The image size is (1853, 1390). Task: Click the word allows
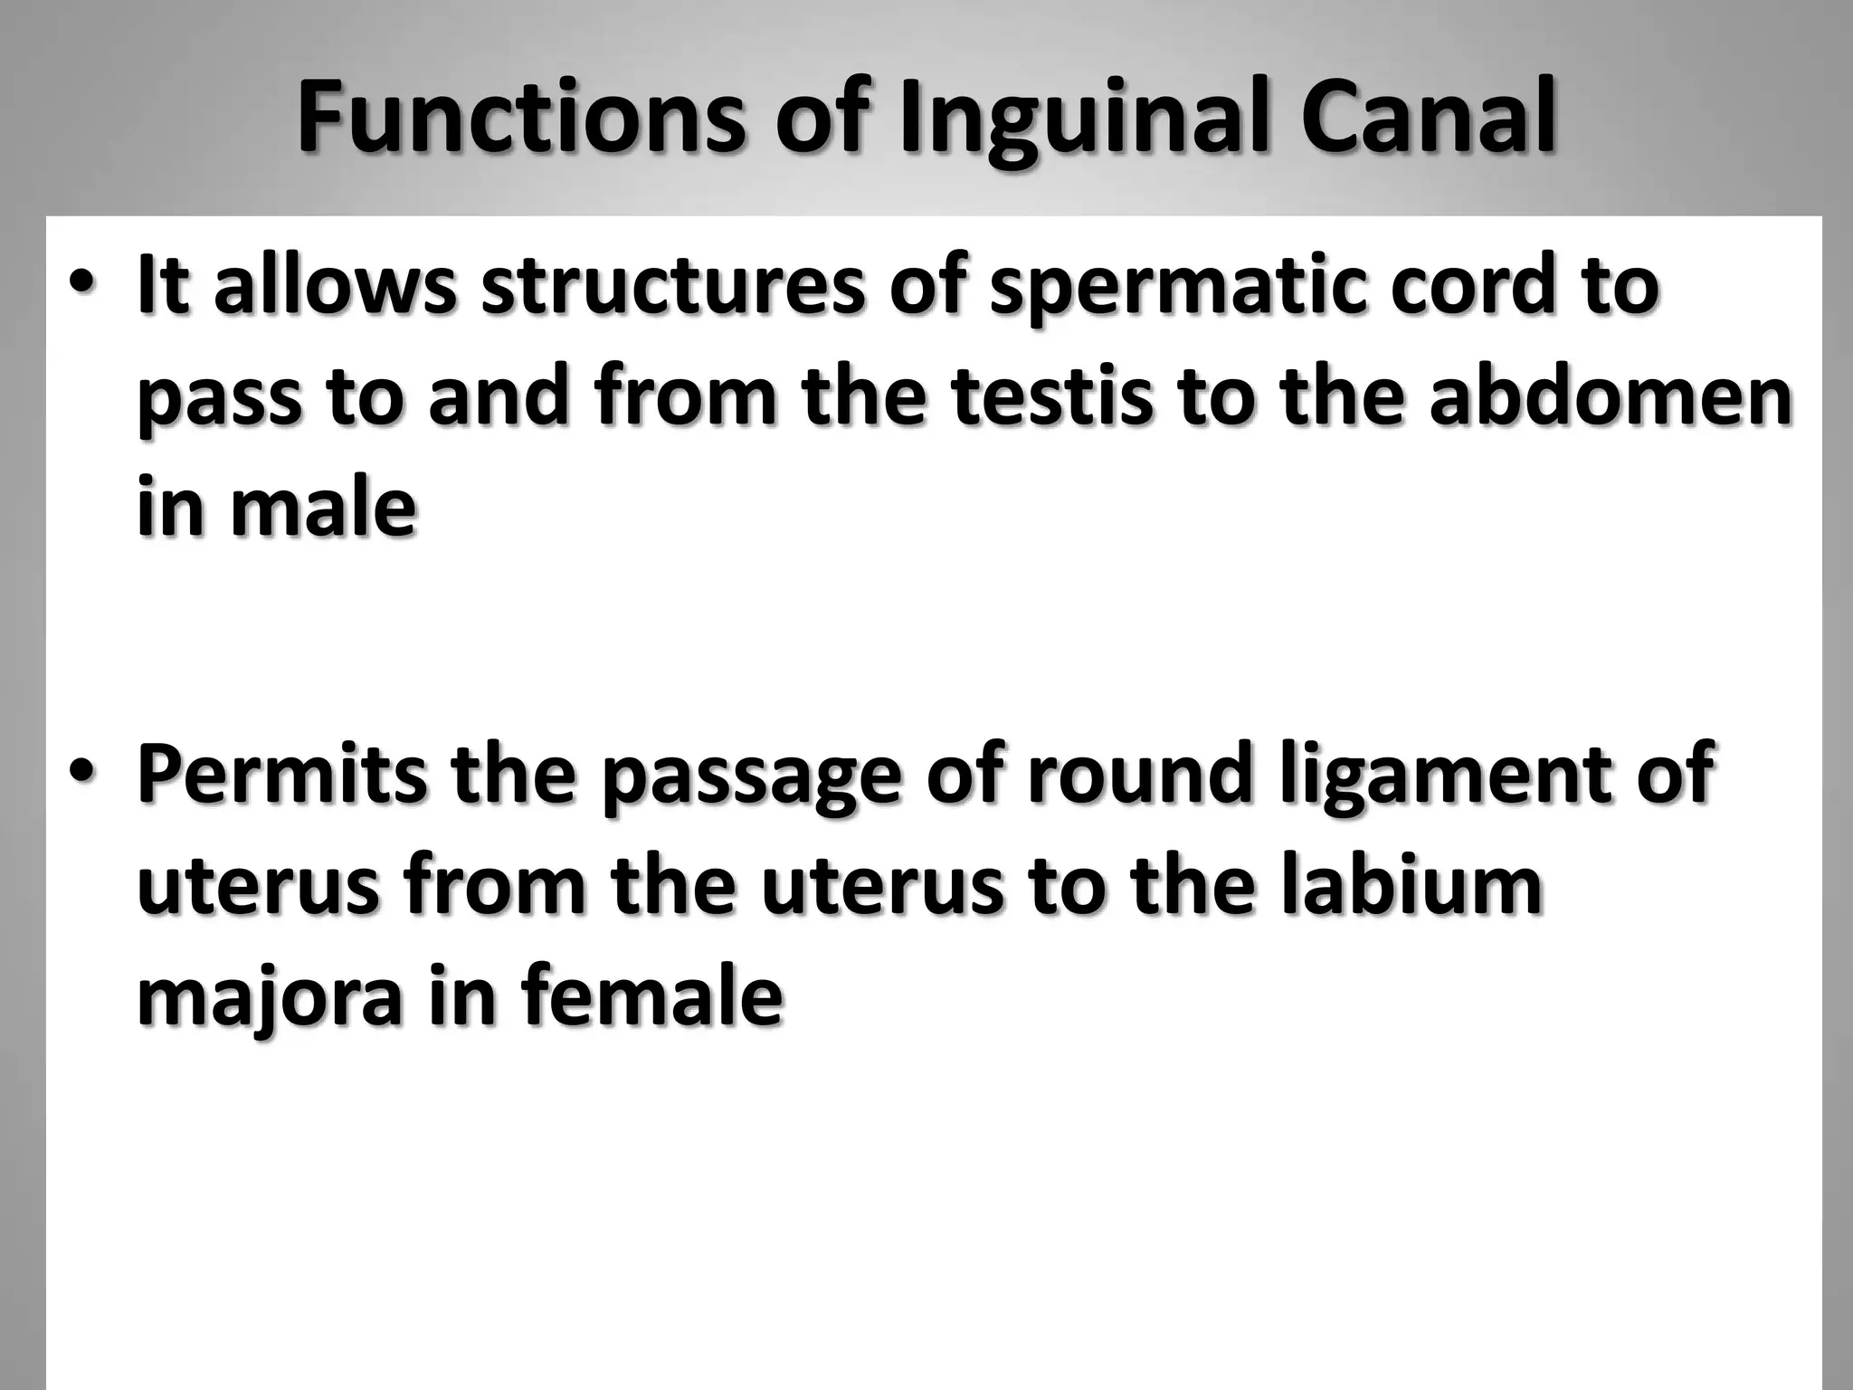[x=335, y=285]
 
